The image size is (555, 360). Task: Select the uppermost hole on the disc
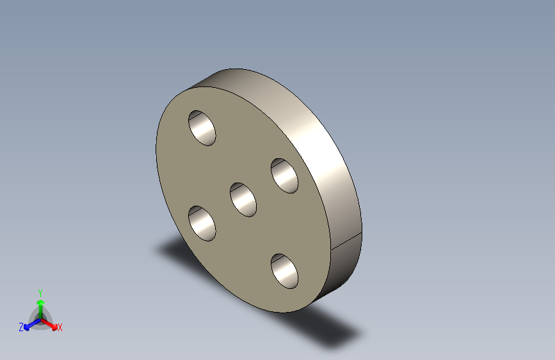(x=202, y=127)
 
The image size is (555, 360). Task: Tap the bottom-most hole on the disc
(x=285, y=270)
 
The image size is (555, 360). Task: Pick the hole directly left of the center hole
(x=202, y=224)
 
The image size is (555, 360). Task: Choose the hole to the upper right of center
(x=284, y=176)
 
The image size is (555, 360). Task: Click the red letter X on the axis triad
(x=60, y=327)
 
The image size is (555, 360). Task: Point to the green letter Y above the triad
(x=40, y=292)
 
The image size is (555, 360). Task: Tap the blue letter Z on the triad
(x=21, y=327)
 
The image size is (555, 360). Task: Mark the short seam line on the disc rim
(x=346, y=241)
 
